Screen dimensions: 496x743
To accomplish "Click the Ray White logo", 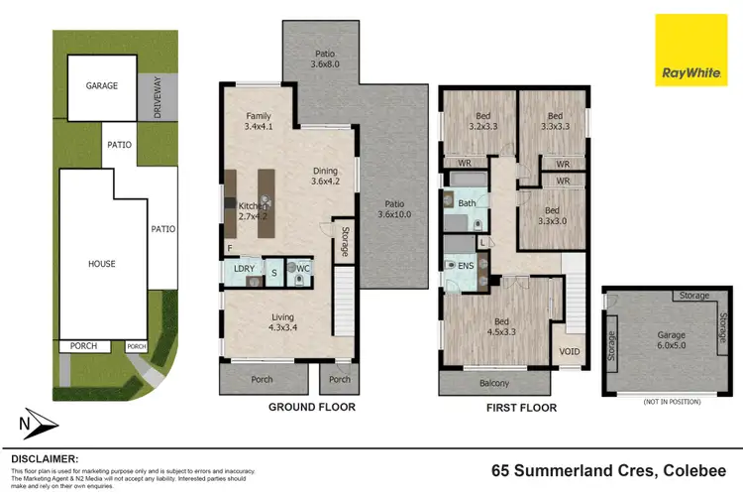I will coord(690,51).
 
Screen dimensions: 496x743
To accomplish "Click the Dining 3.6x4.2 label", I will coord(324,176).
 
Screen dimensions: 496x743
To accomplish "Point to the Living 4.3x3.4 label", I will coord(283,323).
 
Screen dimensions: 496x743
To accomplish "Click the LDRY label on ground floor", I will coord(244,269).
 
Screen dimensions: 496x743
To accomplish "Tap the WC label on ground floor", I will coord(303,269).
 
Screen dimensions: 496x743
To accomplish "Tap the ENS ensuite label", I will coord(466,266).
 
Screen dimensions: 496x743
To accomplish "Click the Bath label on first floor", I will coord(466,204).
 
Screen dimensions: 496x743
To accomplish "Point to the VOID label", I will coord(570,351).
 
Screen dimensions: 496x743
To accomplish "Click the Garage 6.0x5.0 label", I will coord(671,341).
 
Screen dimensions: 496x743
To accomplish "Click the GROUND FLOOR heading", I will coord(312,407).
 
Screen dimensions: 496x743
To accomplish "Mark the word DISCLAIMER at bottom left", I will coord(45,459).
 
